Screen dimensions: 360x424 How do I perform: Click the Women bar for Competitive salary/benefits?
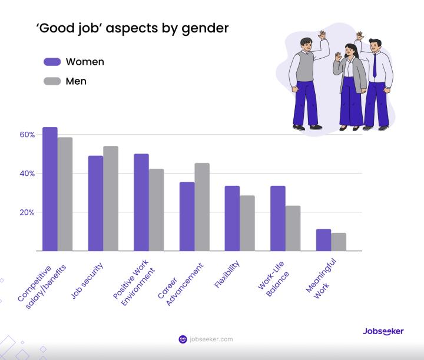(50, 189)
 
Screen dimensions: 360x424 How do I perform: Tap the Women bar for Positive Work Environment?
(141, 202)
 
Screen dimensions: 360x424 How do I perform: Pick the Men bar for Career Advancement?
(202, 206)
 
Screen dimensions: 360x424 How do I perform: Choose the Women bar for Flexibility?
(232, 218)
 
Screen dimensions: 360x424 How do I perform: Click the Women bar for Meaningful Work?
(323, 240)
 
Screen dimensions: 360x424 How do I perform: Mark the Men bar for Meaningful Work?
(339, 242)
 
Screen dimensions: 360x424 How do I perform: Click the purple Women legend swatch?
(52, 62)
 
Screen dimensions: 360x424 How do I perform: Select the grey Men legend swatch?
(52, 81)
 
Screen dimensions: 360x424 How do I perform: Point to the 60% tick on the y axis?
(27, 135)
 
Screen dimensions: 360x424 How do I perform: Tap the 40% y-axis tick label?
(27, 174)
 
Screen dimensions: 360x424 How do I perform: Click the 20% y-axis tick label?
(27, 212)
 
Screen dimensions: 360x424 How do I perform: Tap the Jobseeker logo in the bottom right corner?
(383, 331)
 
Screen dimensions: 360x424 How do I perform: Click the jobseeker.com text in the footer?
(211, 339)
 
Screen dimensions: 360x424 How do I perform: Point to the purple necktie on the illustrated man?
(375, 65)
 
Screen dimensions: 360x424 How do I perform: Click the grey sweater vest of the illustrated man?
(305, 68)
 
